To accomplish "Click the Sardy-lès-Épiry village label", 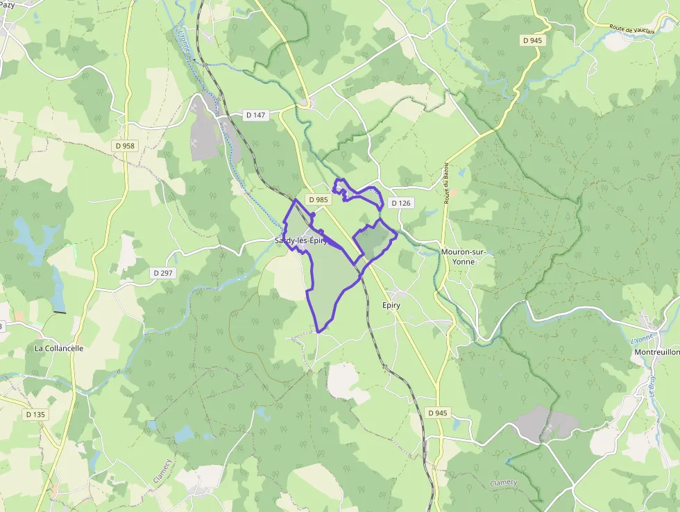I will click(x=300, y=240).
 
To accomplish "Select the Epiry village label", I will click(x=391, y=305).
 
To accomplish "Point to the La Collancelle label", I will click(x=59, y=348).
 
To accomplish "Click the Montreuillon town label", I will click(x=656, y=352).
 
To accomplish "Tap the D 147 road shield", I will click(x=256, y=115).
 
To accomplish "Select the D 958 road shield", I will click(x=125, y=146).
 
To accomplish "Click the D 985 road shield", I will click(x=317, y=199).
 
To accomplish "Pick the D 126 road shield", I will click(x=400, y=203).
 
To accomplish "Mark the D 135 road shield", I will click(x=35, y=414).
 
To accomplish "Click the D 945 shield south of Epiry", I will click(x=438, y=413).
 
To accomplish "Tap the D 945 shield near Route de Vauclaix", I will click(x=532, y=40).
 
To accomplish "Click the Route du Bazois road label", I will click(x=446, y=183).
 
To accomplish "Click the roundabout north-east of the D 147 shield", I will click(x=305, y=104).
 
